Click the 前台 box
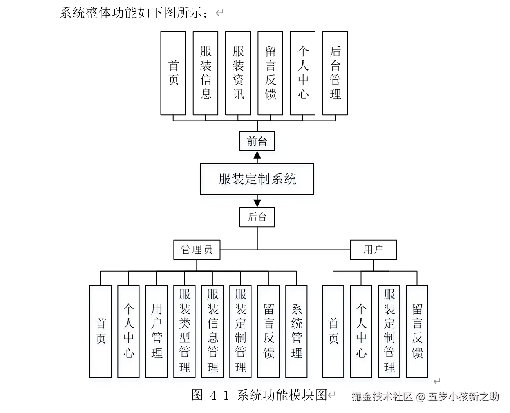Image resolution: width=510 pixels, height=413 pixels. point(257,141)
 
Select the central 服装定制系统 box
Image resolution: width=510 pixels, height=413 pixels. point(257,179)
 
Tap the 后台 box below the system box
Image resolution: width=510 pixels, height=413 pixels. point(257,217)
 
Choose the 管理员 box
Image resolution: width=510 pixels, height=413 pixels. point(197,250)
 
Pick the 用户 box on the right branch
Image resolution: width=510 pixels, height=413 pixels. point(373,250)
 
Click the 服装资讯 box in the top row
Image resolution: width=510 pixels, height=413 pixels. point(238,73)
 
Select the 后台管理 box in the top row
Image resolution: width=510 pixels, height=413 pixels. point(335,73)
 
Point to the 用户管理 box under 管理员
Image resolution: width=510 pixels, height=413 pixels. point(157,331)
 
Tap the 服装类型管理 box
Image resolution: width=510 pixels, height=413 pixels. point(184,331)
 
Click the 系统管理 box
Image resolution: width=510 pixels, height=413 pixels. point(296,331)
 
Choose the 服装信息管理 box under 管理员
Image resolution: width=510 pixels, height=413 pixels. point(212,331)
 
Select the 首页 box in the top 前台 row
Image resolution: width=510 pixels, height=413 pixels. point(173,73)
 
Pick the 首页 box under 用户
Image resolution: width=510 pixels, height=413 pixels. point(333,331)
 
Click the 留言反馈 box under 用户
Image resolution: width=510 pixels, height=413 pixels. point(417,331)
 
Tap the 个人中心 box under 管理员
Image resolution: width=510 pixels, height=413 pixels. point(128,331)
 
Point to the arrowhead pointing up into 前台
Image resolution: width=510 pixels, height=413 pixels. point(257,155)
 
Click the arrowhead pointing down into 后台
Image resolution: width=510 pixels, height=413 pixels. point(257,203)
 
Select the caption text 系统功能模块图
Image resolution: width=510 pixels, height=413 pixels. point(282,395)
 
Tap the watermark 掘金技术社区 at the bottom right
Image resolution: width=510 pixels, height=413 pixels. point(382,397)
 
